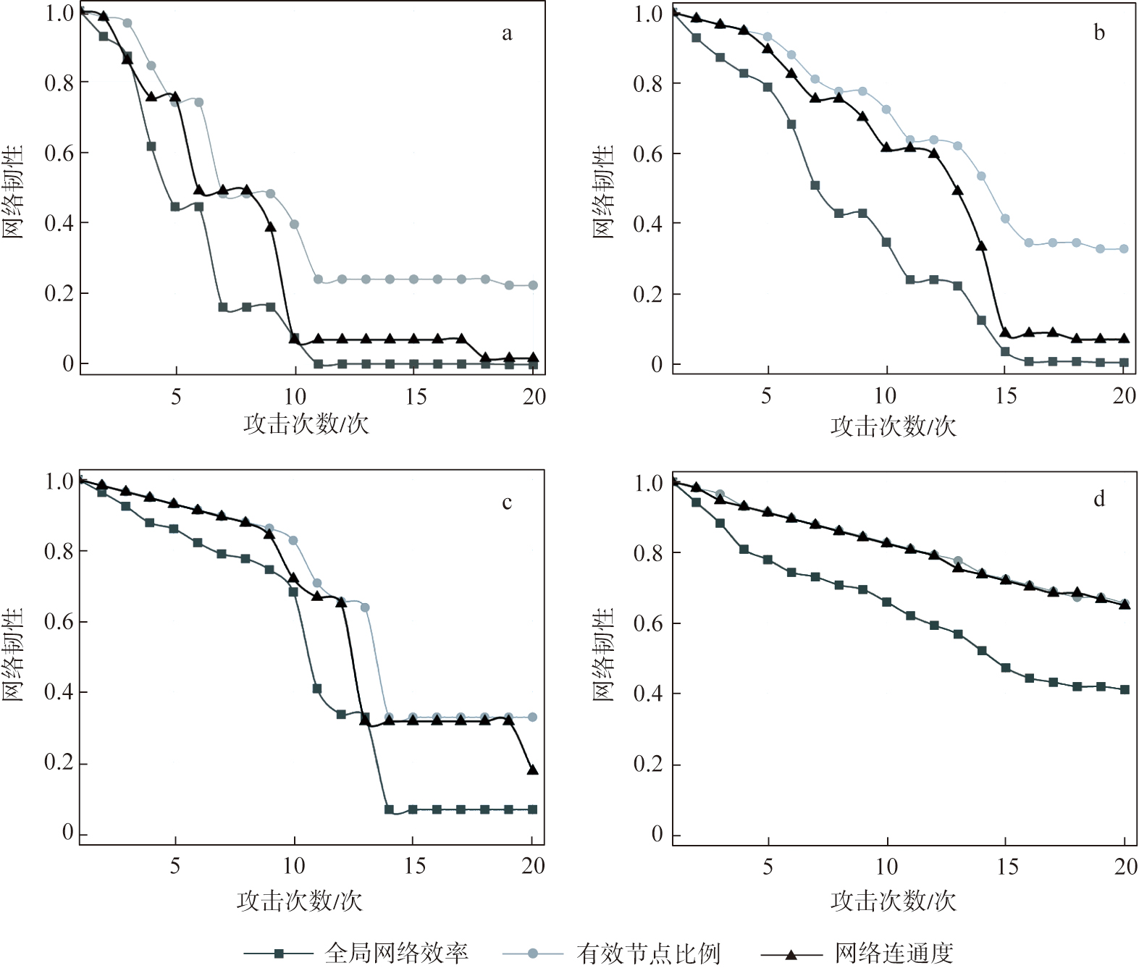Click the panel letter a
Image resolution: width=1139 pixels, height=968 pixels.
point(507,33)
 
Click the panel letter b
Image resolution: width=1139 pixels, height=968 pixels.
point(1099,33)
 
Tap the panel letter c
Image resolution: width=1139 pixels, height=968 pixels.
point(507,502)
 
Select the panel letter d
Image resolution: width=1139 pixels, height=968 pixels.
point(1099,499)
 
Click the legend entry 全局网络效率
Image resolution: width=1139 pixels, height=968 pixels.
point(396,953)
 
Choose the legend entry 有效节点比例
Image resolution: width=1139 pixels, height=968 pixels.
point(648,953)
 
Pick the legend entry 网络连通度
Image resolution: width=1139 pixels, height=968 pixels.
point(894,953)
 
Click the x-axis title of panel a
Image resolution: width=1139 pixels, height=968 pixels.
point(306,424)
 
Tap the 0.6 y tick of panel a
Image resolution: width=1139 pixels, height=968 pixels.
point(59,153)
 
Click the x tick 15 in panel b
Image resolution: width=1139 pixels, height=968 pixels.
point(1006,395)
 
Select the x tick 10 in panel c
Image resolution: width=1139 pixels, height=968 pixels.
point(294,865)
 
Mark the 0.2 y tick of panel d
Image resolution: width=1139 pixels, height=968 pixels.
point(648,764)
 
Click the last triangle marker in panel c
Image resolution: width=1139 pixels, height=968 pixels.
point(533,770)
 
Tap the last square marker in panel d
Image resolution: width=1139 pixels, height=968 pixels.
point(1125,689)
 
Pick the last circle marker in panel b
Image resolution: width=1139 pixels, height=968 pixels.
point(1125,248)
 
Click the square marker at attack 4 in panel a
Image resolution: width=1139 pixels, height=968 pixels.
point(151,146)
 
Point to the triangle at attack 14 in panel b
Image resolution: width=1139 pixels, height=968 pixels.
point(982,246)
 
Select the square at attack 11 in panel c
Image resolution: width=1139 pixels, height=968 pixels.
point(317,689)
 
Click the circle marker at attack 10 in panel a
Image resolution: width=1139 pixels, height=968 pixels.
point(295,224)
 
